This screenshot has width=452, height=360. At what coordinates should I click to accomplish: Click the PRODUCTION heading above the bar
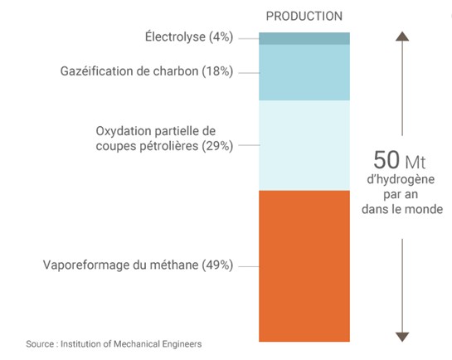tap(304, 16)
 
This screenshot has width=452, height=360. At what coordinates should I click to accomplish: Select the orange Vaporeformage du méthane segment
tap(304, 265)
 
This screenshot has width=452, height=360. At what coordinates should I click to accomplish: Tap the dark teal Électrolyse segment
tap(304, 38)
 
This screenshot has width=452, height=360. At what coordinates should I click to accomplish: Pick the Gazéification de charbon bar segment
tap(304, 72)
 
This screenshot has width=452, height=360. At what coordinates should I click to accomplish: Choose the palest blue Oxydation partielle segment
tap(304, 145)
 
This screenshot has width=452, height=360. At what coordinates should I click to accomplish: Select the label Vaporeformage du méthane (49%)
tap(138, 265)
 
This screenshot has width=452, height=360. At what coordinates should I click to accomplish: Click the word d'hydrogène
tap(402, 180)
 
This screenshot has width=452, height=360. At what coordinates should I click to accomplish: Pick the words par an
tap(402, 195)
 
